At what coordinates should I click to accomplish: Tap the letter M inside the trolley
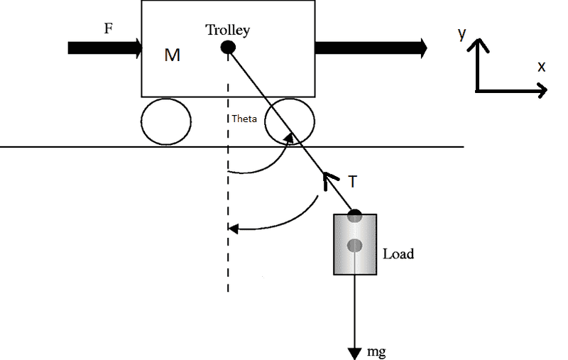click(x=172, y=55)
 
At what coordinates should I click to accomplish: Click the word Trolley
click(x=228, y=30)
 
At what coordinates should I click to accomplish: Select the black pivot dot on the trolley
click(x=228, y=48)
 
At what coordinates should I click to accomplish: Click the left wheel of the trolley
click(x=165, y=121)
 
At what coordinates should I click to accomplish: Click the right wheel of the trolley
click(x=290, y=121)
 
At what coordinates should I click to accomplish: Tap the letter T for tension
click(x=353, y=182)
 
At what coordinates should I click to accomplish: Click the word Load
click(x=398, y=253)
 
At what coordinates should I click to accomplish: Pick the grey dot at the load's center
click(x=355, y=246)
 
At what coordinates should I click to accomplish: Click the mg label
click(x=377, y=351)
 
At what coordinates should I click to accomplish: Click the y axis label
click(x=461, y=33)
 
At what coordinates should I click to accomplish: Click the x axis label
click(x=541, y=67)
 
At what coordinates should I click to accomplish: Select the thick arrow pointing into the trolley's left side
click(x=106, y=48)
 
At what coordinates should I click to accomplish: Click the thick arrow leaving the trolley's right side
click(x=371, y=48)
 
